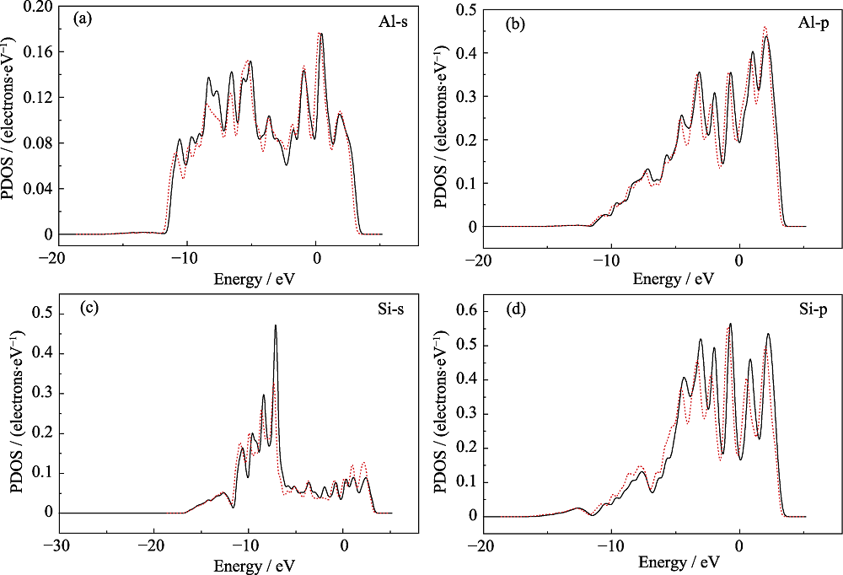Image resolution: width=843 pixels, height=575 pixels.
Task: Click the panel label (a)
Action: tap(83, 19)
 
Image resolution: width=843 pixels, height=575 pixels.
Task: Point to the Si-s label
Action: tap(391, 309)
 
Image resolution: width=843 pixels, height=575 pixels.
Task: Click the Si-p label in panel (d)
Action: tap(813, 309)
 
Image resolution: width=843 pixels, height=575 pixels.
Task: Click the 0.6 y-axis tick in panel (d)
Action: tap(465, 311)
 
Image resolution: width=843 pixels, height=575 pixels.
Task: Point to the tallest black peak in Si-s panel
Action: tap(276, 325)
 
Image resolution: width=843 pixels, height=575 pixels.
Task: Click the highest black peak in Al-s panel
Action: tap(321, 34)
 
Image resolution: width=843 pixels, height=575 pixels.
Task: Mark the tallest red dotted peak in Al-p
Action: tap(765, 26)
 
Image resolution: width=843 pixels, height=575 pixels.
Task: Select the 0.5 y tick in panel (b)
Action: tap(464, 9)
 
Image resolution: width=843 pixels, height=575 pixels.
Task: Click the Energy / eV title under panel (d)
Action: tap(679, 562)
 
